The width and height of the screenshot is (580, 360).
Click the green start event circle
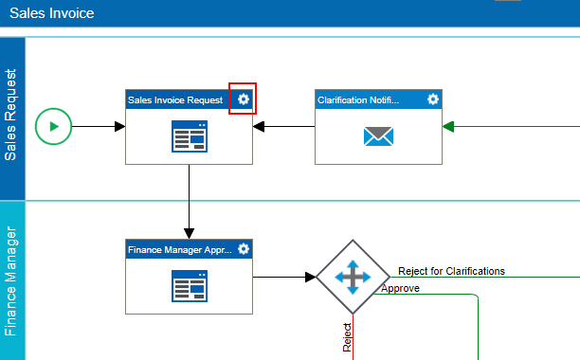coord(53,126)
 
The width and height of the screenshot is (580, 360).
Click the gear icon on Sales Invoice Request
coord(244,99)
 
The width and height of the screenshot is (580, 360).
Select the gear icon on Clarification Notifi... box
coord(433,99)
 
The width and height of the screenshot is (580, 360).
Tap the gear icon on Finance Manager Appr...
coord(244,249)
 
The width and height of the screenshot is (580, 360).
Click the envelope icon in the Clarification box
coord(378,136)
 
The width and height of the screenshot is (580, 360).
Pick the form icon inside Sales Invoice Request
coord(190,136)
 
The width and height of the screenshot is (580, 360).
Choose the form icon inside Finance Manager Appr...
coord(190,286)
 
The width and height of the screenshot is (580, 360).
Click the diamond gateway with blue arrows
coord(353,277)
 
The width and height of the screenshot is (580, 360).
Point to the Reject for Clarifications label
coord(451,271)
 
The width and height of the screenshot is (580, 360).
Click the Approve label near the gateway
coord(400,288)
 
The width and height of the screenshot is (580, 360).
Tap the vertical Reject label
coord(347,337)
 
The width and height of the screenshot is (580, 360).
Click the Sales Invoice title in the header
coord(52,13)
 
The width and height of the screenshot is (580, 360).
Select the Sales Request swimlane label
coord(10,115)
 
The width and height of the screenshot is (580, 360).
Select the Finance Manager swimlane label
coord(10,281)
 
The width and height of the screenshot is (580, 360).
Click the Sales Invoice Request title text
coord(175,100)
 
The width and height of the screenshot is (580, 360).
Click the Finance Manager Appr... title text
coord(180,250)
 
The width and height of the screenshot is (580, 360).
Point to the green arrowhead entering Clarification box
coord(448,126)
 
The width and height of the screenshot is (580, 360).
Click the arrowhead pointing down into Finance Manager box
coord(189,233)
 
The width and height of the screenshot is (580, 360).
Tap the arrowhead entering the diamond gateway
coord(310,277)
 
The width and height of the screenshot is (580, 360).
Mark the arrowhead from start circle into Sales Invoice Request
coord(119,126)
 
